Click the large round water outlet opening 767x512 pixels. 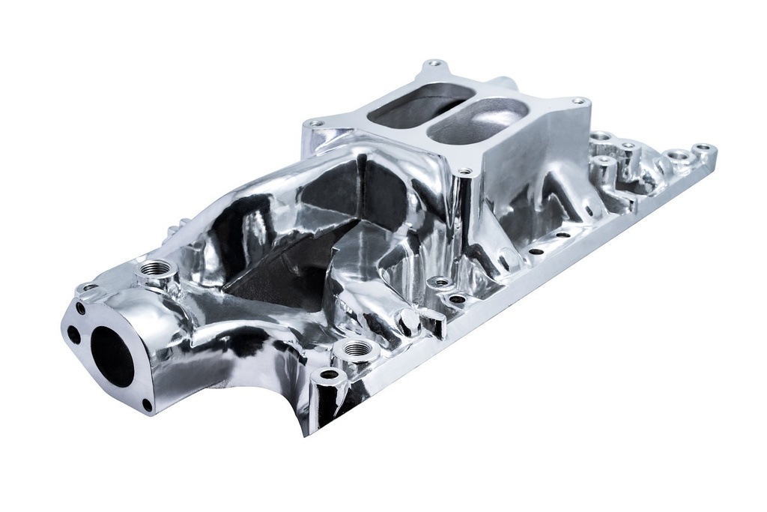[112, 358]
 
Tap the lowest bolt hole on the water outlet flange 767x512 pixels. [147, 405]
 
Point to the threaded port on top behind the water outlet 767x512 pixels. [157, 268]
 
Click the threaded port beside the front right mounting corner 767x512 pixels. [356, 349]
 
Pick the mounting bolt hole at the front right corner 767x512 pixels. [327, 374]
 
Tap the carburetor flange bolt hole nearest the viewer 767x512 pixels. [464, 172]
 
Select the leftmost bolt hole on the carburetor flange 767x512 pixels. [315, 123]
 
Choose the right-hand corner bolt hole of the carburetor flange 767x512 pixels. [577, 100]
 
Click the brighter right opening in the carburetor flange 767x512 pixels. [479, 121]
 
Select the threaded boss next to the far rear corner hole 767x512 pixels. [678, 155]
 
